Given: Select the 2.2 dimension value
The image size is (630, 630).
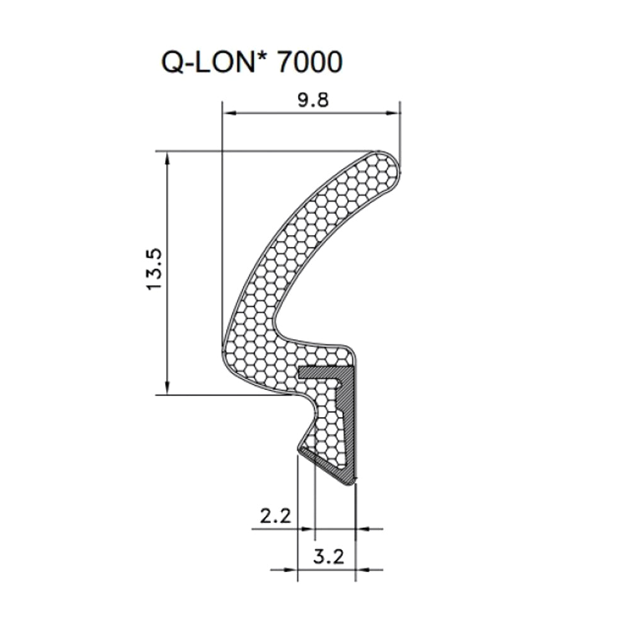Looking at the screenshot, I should [x=275, y=517].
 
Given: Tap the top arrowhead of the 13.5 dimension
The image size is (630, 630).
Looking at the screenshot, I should [x=168, y=157].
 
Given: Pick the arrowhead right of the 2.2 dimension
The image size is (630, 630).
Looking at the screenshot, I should [x=362, y=529].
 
